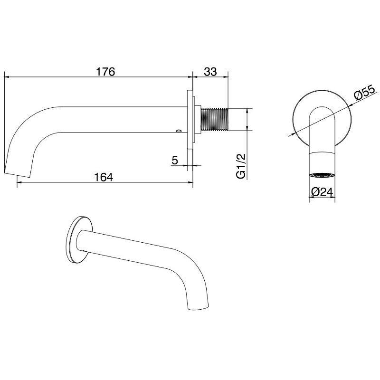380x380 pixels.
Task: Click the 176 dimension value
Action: click(x=105, y=72)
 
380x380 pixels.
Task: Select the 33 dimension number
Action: click(x=210, y=72)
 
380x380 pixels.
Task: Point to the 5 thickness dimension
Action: click(x=174, y=160)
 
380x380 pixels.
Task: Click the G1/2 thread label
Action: click(x=241, y=166)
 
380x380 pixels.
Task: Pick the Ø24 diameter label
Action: click(x=322, y=192)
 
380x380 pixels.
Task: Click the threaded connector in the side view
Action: click(x=214, y=120)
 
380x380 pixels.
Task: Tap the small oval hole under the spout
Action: click(x=179, y=131)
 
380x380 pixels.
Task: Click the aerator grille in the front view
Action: click(x=322, y=175)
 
